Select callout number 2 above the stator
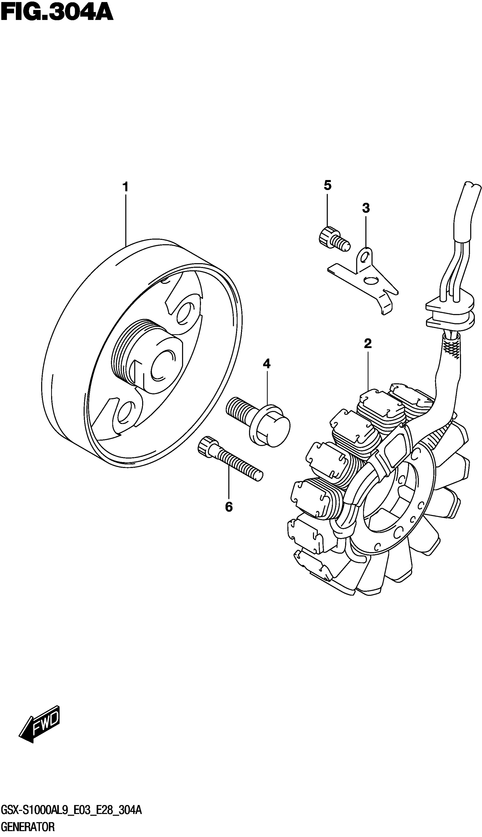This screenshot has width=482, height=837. pos(368,344)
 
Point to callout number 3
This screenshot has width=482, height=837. pos(366,208)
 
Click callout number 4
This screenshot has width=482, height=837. pos(267,364)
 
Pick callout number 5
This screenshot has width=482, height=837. pos(327,186)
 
